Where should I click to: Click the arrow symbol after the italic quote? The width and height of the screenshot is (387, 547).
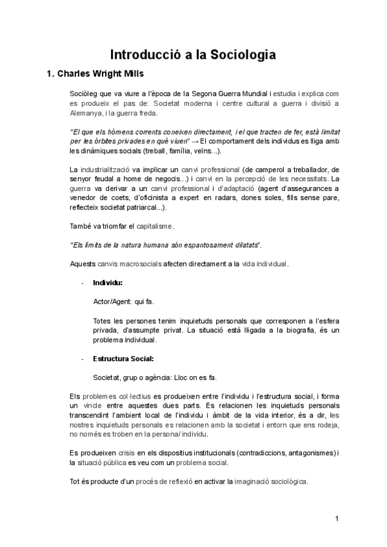pos(195,141)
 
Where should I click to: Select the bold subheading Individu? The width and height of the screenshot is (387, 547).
pos(108,283)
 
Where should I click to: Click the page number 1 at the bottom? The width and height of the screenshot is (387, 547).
pos(337,519)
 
